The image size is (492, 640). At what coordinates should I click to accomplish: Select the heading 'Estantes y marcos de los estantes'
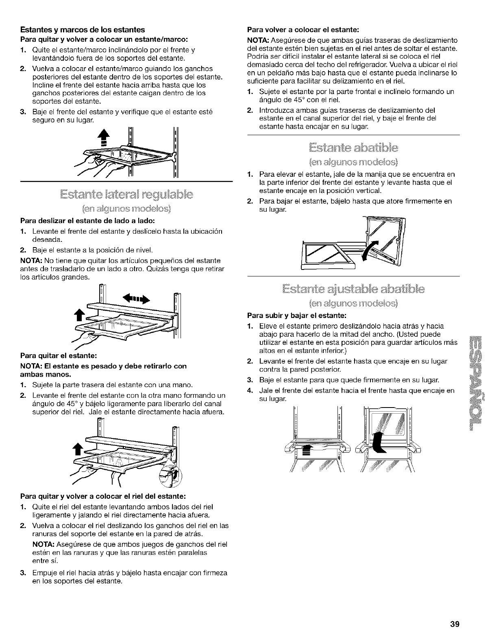83,30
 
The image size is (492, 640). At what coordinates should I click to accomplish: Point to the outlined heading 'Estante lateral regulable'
126,193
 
